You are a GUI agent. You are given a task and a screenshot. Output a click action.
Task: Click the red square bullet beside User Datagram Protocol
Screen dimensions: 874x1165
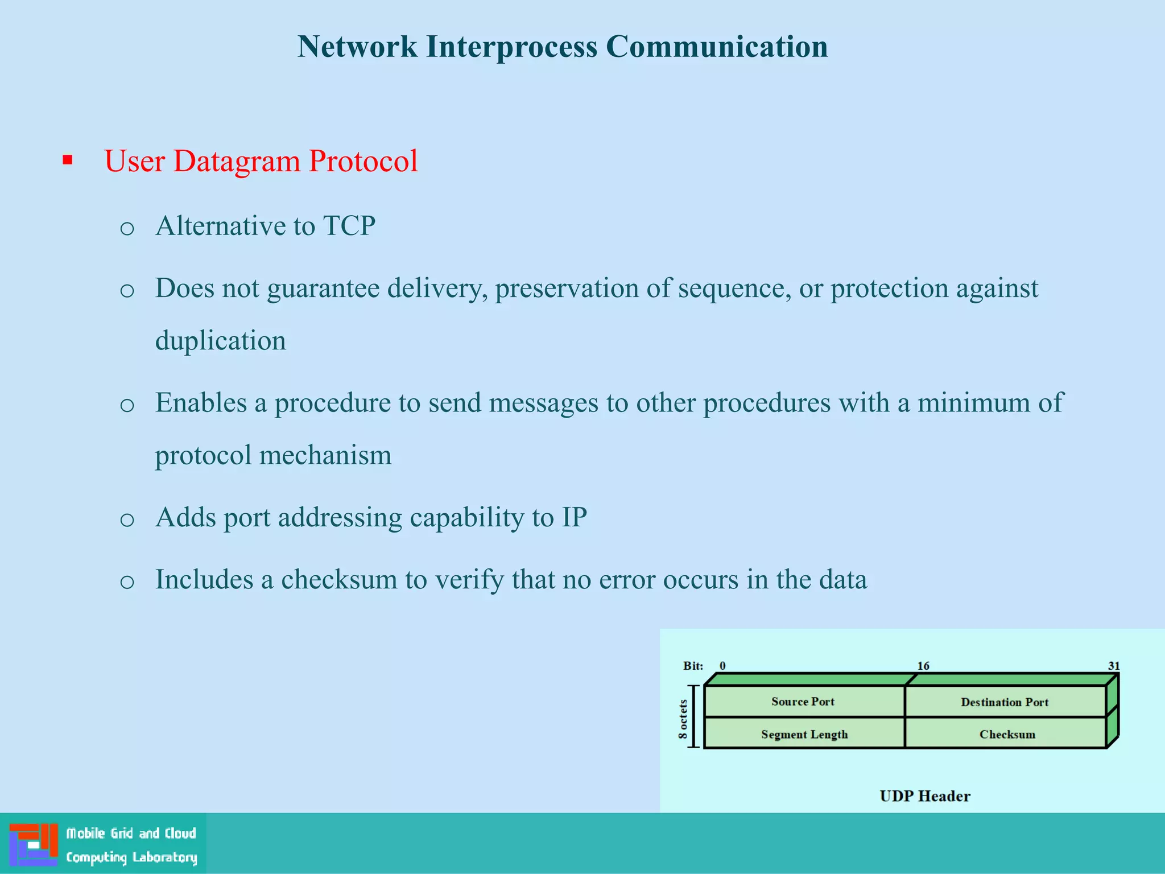tap(68, 160)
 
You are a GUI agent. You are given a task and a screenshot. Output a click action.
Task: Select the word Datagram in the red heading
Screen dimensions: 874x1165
tap(236, 161)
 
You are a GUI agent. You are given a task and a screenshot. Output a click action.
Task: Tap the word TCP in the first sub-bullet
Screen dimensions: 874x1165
tap(349, 226)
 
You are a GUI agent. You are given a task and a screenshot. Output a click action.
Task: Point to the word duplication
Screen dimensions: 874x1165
tap(220, 341)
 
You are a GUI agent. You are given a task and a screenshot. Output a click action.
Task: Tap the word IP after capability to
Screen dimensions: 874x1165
tap(574, 517)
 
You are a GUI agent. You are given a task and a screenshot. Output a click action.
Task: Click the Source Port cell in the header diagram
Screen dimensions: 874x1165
tap(803, 702)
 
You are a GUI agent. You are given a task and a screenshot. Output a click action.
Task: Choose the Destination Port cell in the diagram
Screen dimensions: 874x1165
tap(1005, 702)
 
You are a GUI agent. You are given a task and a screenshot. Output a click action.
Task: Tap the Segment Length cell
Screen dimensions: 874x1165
tap(804, 735)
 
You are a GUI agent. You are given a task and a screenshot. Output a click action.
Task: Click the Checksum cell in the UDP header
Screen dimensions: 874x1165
tap(1007, 735)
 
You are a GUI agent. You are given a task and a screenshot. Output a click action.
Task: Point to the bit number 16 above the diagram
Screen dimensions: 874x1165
tap(923, 666)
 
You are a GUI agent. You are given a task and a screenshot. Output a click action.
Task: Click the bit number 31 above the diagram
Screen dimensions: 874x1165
tap(1113, 666)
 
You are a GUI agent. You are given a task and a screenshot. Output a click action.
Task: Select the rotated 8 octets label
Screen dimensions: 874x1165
tap(683, 719)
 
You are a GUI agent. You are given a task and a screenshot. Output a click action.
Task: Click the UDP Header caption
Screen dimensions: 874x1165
tap(924, 796)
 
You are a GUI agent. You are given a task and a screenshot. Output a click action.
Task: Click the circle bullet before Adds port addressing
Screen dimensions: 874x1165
tap(127, 520)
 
